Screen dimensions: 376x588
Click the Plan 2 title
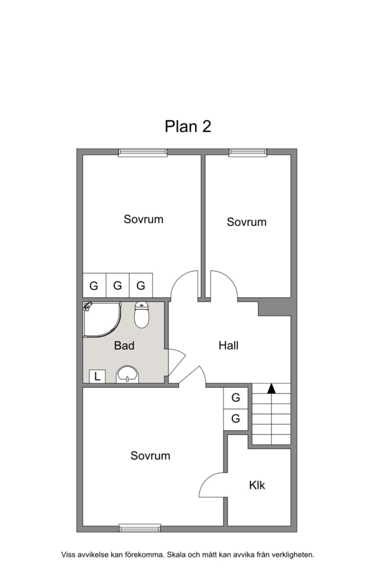point(188,127)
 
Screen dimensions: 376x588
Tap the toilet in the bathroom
point(142,315)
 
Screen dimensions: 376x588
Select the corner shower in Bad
point(102,320)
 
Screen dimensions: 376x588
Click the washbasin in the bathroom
point(128,375)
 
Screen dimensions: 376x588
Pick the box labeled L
point(97,376)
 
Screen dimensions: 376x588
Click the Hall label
point(229,346)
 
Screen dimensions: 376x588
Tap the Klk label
point(257,486)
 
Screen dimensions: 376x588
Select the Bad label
point(124,346)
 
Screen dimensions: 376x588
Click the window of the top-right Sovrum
point(248,153)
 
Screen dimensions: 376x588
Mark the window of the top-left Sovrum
point(143,153)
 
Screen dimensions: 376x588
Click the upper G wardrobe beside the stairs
point(236,398)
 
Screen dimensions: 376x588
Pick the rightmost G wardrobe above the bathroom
point(141,286)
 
